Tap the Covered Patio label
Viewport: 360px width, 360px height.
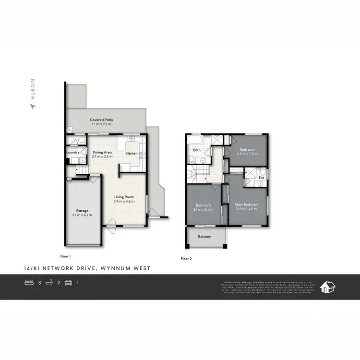[x=101, y=120]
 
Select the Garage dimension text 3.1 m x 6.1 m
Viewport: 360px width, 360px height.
[x=82, y=215]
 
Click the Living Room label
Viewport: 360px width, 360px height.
[x=124, y=197]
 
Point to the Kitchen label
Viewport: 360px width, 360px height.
[x=132, y=154]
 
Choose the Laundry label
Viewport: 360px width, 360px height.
[x=72, y=153]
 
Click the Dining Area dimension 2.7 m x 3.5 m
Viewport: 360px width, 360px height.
[x=102, y=157]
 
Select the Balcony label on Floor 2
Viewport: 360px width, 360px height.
[x=204, y=237]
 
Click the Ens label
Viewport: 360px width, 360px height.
[x=261, y=178]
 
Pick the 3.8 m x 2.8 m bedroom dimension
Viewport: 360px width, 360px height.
[x=249, y=154]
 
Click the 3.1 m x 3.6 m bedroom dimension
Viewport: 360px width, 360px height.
[x=204, y=209]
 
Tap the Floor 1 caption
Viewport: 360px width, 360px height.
[x=65, y=256]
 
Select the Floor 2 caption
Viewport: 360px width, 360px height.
[x=186, y=259]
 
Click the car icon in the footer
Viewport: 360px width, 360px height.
[x=68, y=283]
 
